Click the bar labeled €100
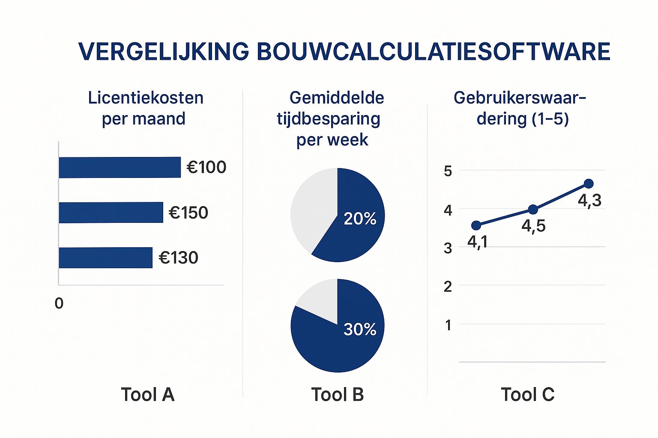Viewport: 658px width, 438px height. (x=120, y=167)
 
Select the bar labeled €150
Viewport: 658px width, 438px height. (x=111, y=213)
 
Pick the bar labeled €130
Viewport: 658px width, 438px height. (x=105, y=257)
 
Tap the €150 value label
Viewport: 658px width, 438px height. (x=188, y=213)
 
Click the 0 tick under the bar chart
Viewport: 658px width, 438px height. (x=59, y=303)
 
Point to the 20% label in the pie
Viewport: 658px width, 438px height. (x=360, y=219)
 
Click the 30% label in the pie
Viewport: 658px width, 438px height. (x=360, y=329)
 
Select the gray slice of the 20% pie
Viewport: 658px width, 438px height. (x=311, y=205)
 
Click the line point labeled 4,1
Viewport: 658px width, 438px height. (x=476, y=225)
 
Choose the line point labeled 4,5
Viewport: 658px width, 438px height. (x=533, y=209)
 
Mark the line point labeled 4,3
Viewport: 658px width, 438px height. (x=589, y=183)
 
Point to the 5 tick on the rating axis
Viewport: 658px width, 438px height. (x=448, y=171)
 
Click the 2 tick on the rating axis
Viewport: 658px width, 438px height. (x=448, y=287)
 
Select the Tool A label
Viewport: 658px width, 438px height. (x=148, y=394)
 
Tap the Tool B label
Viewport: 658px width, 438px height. (x=338, y=394)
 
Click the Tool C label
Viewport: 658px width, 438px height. (x=528, y=394)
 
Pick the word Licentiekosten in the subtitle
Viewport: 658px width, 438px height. (x=146, y=98)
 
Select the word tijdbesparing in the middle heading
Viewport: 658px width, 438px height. (x=329, y=119)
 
